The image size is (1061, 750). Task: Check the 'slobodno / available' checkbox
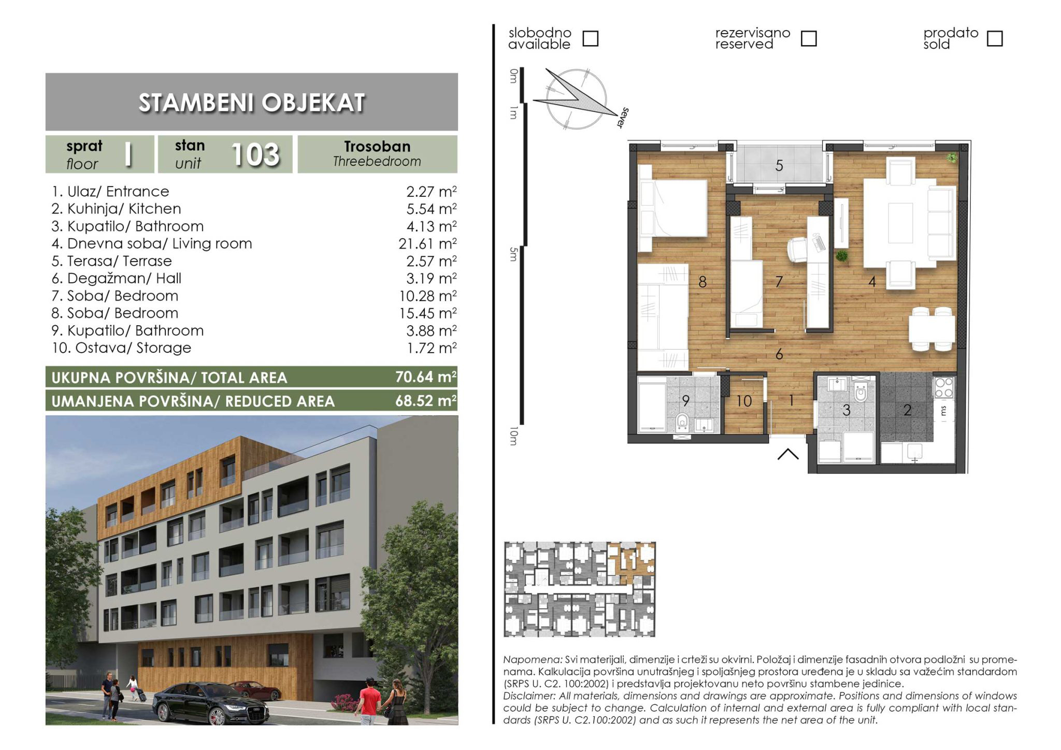pos(591,38)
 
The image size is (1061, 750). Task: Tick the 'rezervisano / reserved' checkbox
pos(809,38)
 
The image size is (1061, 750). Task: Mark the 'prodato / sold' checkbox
pos(995,38)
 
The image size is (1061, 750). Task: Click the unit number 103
pos(255,154)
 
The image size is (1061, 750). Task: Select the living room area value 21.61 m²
pos(427,243)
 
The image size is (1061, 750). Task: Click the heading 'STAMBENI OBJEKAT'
pos(252,103)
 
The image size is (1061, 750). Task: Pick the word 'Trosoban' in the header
pos(377,147)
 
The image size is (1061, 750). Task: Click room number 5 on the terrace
pos(779,166)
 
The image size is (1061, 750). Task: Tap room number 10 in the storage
pos(744,401)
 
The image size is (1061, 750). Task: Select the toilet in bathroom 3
pos(861,393)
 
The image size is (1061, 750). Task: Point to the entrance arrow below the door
pos(788,454)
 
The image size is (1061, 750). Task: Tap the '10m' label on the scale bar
pos(513,436)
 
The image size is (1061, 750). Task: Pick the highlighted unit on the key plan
pos(632,559)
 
